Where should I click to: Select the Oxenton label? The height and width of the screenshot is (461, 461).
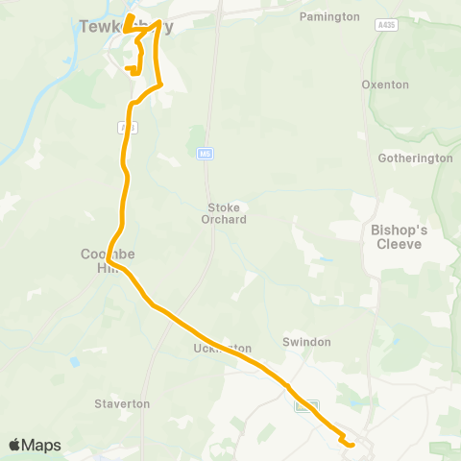point(385,85)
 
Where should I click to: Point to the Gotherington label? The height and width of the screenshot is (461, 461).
point(415,158)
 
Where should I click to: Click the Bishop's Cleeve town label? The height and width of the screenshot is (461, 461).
point(403,237)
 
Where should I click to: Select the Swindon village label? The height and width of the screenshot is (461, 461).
point(306,342)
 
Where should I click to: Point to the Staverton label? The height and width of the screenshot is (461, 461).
point(122,403)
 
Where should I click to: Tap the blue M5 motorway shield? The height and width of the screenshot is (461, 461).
point(205,153)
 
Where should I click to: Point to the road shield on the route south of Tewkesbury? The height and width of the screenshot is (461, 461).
point(123,127)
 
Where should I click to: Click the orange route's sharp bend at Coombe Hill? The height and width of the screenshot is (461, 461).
point(109,259)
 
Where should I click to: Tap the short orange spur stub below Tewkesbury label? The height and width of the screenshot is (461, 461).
point(128,68)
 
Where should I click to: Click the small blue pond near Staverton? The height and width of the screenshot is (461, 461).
point(73,362)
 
